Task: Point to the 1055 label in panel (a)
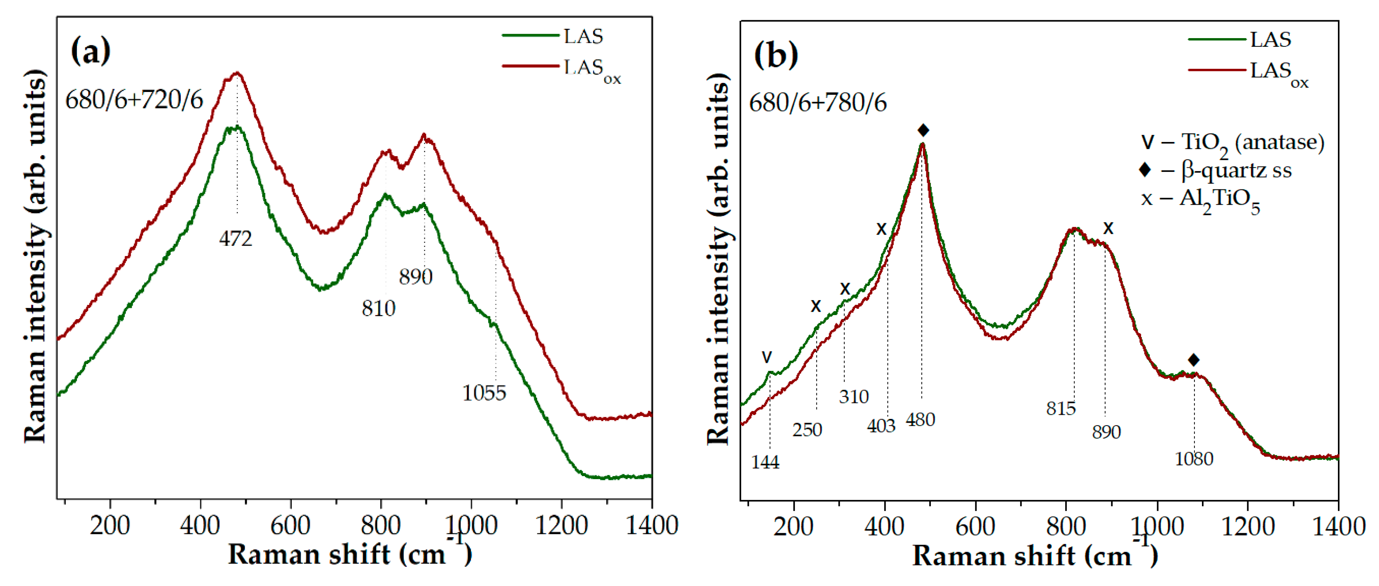click(484, 393)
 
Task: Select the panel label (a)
click(90, 50)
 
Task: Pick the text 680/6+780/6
click(818, 102)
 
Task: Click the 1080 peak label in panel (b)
click(1194, 459)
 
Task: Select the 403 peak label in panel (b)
click(881, 425)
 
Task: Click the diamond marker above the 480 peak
click(923, 130)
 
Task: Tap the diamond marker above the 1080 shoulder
click(1193, 360)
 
